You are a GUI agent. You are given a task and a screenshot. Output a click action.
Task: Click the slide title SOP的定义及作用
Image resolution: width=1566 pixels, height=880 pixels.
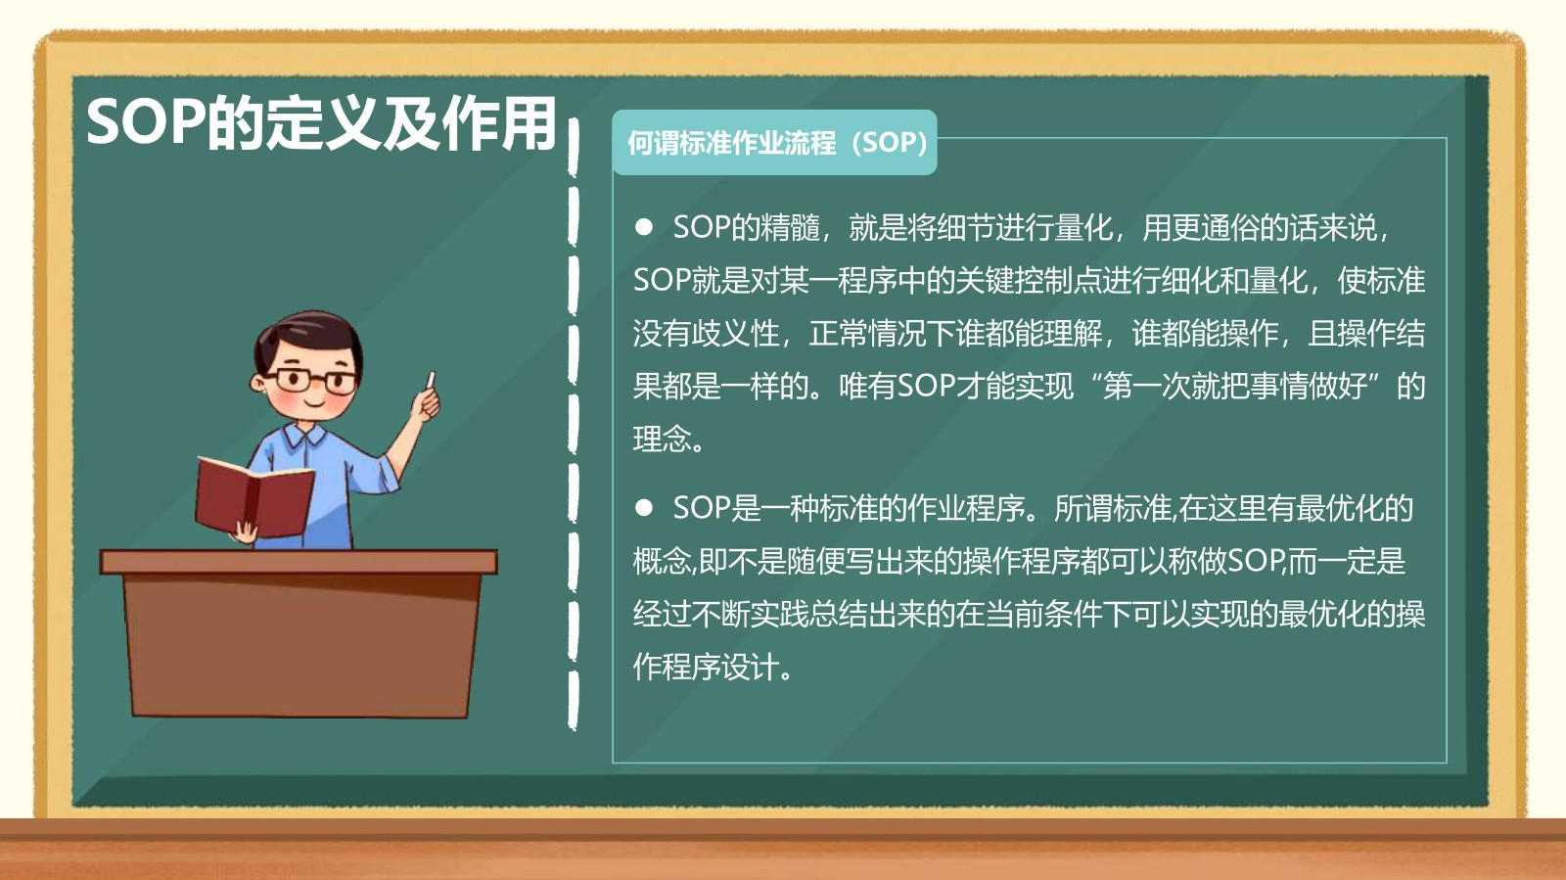[321, 123]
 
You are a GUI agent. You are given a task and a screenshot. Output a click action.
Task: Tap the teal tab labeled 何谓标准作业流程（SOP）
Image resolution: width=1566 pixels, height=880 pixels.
[774, 143]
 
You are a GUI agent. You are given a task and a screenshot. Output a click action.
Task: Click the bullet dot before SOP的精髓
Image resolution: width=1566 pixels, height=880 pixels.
[643, 227]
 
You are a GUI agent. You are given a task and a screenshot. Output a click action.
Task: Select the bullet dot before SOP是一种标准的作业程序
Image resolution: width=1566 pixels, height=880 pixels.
[643, 508]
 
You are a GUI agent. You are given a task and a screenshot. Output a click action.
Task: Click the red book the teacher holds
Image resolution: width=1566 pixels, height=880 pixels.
[254, 496]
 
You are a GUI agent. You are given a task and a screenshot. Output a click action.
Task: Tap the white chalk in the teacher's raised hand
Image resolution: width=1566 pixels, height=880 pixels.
[431, 380]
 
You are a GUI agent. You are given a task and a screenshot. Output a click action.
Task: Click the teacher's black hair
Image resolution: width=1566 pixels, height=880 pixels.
[309, 340]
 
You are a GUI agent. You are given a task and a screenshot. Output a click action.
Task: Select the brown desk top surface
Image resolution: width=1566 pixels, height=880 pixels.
[299, 562]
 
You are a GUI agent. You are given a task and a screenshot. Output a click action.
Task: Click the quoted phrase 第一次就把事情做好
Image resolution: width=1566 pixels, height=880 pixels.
[1234, 386]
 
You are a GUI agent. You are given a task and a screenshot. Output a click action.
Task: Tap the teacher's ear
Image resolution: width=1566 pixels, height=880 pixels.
[259, 383]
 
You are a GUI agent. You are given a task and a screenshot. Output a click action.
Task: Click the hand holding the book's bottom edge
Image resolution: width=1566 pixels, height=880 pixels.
[245, 533]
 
